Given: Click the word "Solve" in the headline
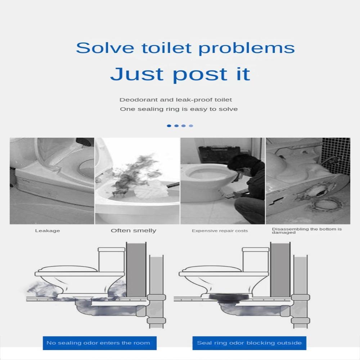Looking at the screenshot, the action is pyautogui.click(x=105, y=48).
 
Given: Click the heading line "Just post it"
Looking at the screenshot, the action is pyautogui.click(x=180, y=74).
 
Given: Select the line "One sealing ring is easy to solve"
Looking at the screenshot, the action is pyautogui.click(x=179, y=109).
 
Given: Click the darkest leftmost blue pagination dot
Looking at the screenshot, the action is pyautogui.click(x=169, y=126).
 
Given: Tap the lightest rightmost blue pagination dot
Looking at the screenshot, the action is pyautogui.click(x=191, y=126).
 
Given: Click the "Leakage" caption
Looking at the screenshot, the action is pyautogui.click(x=48, y=231).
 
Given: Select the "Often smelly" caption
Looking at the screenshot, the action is pyautogui.click(x=134, y=230).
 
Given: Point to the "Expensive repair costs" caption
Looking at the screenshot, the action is pyautogui.click(x=220, y=231).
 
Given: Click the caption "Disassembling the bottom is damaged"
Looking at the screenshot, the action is pyautogui.click(x=307, y=231).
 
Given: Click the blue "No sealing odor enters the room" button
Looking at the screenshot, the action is pyautogui.click(x=100, y=343).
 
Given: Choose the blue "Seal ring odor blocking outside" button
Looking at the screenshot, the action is pyautogui.click(x=249, y=343).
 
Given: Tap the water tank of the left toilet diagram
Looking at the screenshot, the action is pyautogui.click(x=112, y=260).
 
